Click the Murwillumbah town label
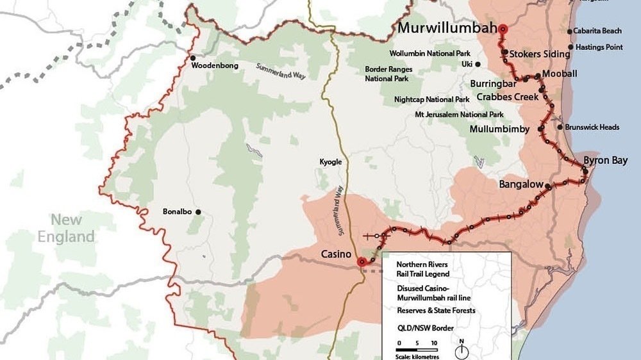[447, 28]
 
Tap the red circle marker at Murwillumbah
[503, 28]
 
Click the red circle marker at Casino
[361, 261]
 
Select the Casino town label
[336, 254]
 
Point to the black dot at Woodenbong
[192, 58]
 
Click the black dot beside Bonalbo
[198, 212]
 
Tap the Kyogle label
[331, 162]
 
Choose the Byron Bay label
[605, 160]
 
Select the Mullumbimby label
[499, 129]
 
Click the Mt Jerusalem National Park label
[459, 115]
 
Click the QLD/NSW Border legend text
[426, 328]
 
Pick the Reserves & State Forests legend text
[436, 311]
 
